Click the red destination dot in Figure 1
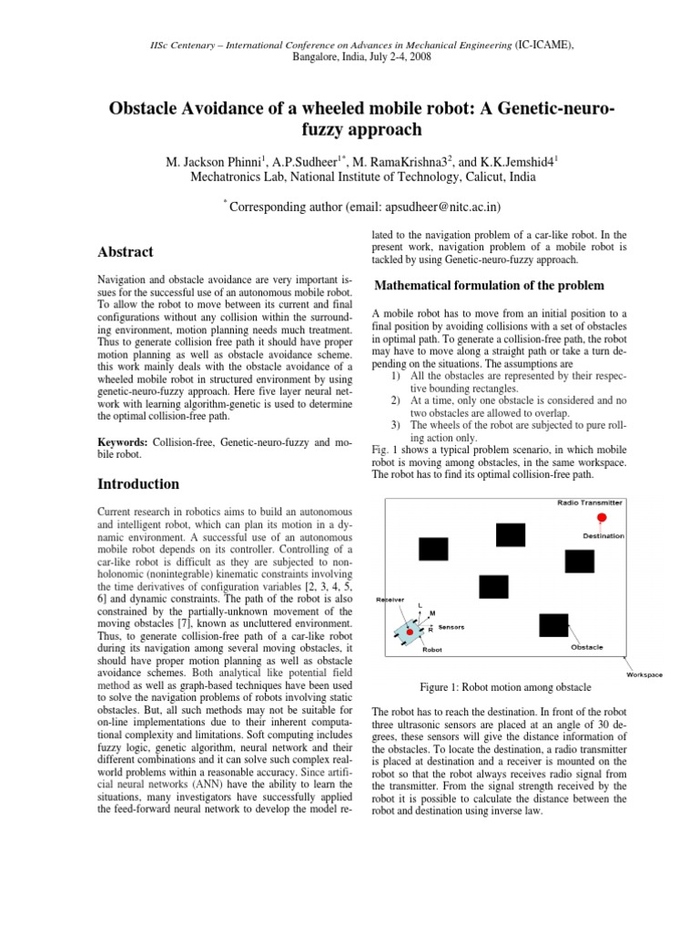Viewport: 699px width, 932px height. tap(602, 518)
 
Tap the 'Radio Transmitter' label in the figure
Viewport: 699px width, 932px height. tap(590, 502)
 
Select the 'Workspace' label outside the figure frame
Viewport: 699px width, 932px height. tap(644, 674)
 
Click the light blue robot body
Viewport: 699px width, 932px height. tap(410, 630)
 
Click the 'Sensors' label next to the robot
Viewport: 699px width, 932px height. tap(451, 628)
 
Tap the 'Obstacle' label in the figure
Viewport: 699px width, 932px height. tap(586, 648)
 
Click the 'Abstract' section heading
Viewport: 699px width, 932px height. tap(125, 252)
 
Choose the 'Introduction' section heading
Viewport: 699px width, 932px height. tap(137, 483)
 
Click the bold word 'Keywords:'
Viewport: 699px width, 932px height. tap(123, 441)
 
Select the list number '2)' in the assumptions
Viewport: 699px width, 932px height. tap(394, 400)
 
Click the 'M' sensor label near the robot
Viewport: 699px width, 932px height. tap(432, 614)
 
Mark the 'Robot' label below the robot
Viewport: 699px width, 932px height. tap(432, 650)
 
